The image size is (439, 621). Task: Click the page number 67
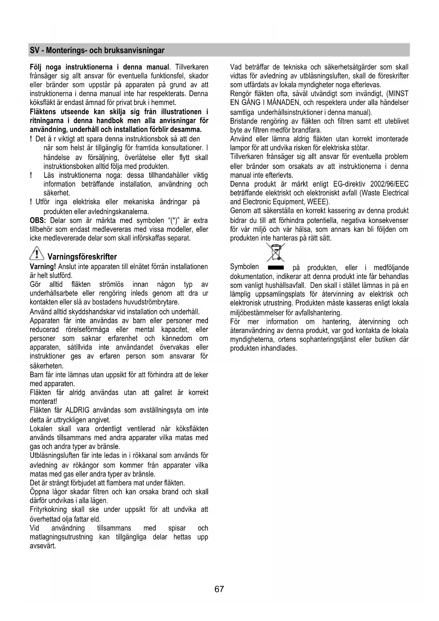coord(219,589)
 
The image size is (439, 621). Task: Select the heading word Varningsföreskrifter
coord(82,257)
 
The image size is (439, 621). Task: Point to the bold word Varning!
coord(43,267)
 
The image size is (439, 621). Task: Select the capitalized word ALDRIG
coord(78,410)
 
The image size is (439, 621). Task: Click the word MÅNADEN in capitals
coord(279,103)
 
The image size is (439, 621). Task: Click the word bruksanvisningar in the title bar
coord(134,50)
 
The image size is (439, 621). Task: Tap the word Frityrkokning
coord(48,509)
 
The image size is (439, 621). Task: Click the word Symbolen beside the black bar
coord(244,267)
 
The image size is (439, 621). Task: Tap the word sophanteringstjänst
coord(329,340)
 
